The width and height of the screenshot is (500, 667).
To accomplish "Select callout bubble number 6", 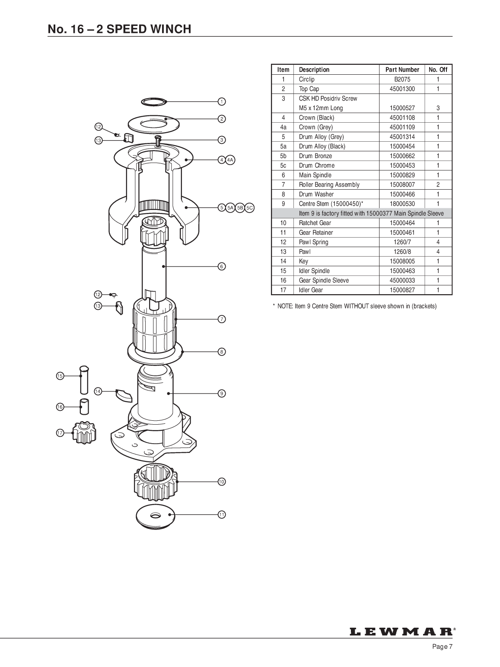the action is coord(222,267).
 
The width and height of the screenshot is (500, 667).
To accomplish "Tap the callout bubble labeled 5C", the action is coord(249,208).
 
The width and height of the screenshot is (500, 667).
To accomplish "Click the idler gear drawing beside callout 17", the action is coord(84,433).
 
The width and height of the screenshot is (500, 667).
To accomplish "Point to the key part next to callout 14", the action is coord(124,395).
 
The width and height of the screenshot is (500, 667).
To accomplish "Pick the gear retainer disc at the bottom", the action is coord(155,517).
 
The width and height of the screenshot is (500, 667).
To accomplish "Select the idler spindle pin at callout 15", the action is coord(84,380).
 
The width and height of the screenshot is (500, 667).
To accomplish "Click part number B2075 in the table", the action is coord(402,79).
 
